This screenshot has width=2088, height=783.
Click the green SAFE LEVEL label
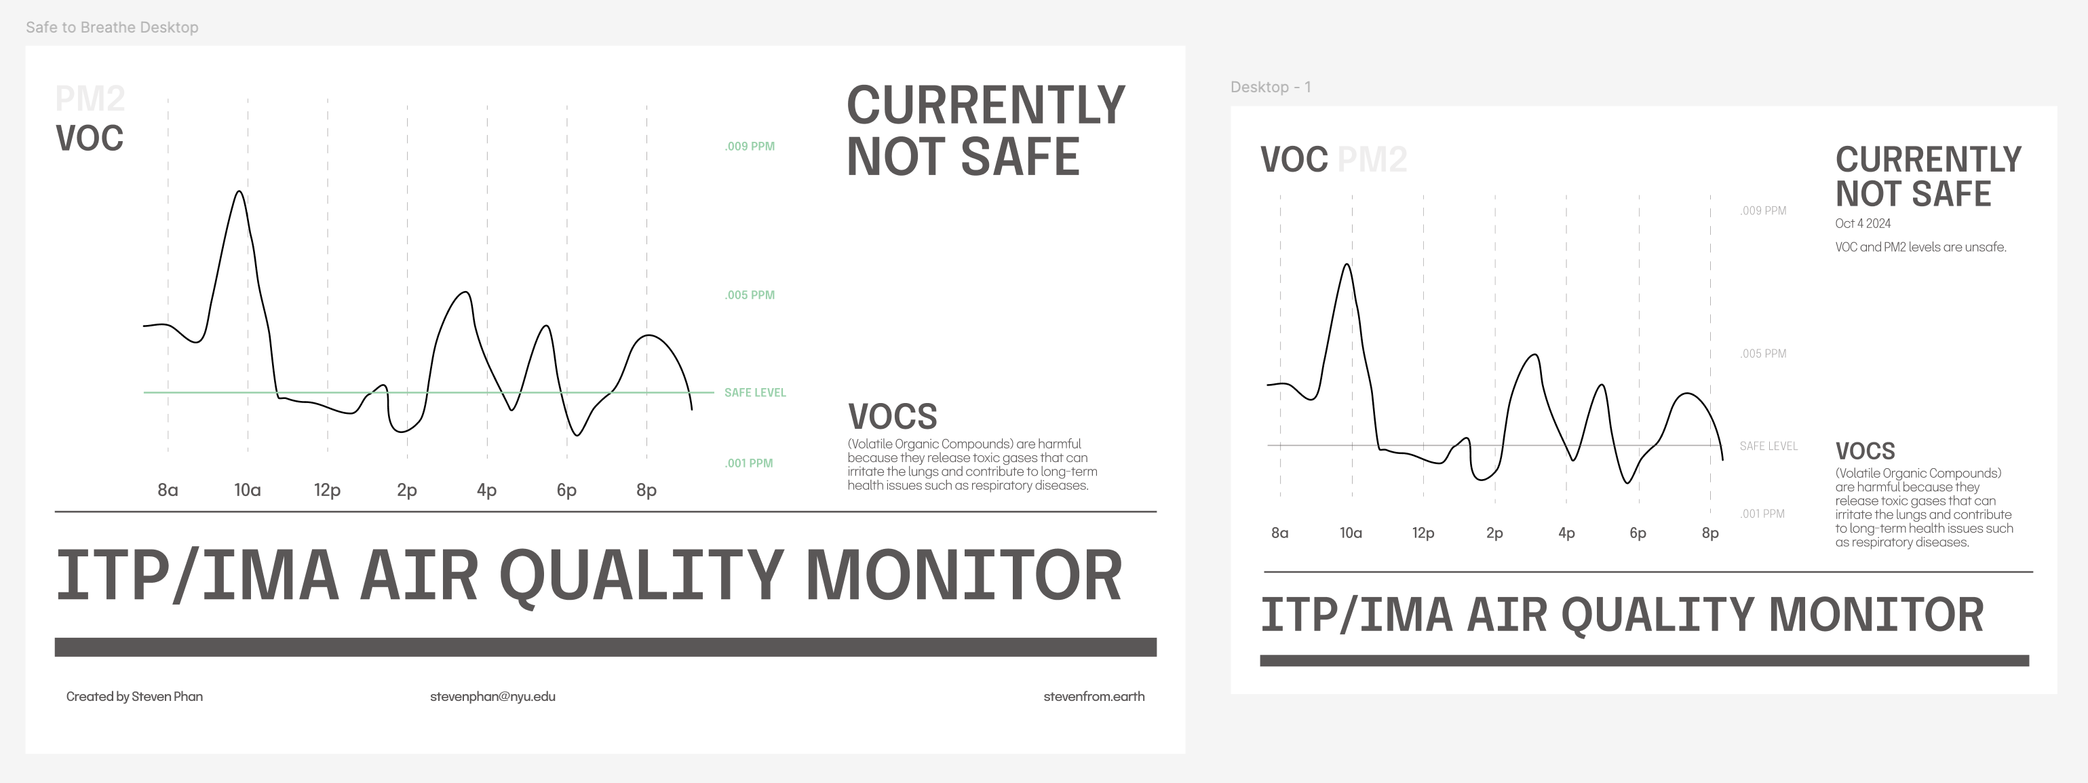coord(754,392)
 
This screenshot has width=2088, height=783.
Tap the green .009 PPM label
coord(750,147)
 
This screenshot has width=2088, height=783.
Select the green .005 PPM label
coord(750,295)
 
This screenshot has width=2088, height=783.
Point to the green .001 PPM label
coord(749,463)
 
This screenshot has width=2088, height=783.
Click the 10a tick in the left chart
coord(247,490)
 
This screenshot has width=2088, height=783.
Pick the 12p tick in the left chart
coord(327,491)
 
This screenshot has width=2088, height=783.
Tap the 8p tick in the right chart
coord(1710,533)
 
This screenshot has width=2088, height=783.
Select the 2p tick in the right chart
coord(1494,533)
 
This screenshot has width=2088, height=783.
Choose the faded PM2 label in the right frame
coord(1372,159)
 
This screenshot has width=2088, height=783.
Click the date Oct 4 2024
coord(1863,224)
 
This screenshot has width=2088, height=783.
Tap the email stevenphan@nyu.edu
coord(492,696)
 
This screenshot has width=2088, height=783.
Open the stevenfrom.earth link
coord(1094,696)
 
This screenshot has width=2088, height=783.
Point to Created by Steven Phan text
coord(134,696)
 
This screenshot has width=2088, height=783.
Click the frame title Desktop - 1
coord(1270,87)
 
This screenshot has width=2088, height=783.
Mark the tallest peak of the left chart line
coord(239,191)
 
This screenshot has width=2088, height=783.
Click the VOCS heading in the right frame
coord(1865,451)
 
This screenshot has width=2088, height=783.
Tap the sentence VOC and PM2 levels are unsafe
coord(1920,247)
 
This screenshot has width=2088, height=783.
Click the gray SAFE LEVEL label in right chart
coord(1768,446)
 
